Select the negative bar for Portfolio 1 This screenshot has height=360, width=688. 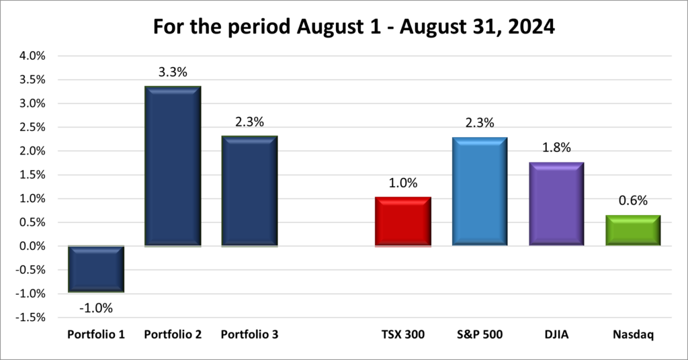[96, 269]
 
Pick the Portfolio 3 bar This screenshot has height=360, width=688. [250, 191]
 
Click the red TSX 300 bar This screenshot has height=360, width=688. [402, 222]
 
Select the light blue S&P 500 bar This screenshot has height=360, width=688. [480, 191]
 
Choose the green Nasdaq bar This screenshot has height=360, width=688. [633, 230]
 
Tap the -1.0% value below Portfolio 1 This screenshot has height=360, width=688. [96, 308]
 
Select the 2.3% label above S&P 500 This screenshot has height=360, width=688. [480, 123]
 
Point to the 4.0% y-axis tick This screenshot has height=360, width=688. [32, 56]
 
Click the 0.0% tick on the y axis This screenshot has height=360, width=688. [32, 246]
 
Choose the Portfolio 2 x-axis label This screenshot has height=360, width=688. [173, 334]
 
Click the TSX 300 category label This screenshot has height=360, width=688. [402, 334]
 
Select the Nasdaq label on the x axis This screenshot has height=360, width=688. [633, 334]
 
